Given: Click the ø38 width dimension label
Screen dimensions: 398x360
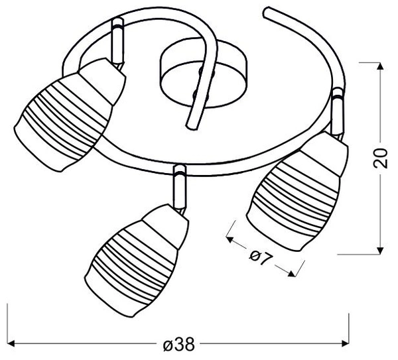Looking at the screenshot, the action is (x=179, y=344).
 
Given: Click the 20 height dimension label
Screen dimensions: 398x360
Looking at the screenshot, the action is (x=381, y=158).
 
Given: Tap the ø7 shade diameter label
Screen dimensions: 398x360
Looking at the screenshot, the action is (x=261, y=257).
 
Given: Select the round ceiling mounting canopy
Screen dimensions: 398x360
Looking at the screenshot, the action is (x=203, y=73).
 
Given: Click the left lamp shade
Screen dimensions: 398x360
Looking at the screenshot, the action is (x=70, y=115).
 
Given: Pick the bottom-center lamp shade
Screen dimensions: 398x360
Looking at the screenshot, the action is (x=137, y=260).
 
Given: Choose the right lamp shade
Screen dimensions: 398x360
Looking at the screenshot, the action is (x=297, y=192).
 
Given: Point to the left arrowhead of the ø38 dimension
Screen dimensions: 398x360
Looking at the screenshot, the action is (x=11, y=344).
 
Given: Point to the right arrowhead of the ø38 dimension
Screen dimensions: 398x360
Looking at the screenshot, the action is (x=346, y=344).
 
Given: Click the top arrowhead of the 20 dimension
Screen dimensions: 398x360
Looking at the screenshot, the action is (x=380, y=66).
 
